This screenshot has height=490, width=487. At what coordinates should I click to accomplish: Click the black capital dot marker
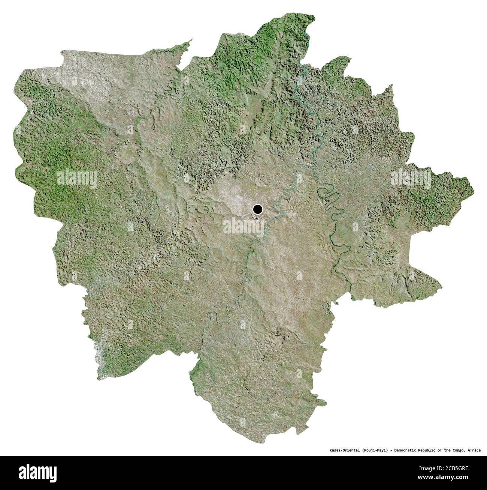[258, 209]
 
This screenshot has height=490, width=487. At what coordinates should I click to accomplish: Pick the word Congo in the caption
[460, 450]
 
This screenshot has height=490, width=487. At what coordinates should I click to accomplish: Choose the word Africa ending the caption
[474, 450]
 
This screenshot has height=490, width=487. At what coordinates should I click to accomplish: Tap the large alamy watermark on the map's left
[77, 179]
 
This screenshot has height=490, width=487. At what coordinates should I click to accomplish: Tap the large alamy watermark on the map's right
[411, 177]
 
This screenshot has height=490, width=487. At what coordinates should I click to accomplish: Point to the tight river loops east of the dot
[327, 194]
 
